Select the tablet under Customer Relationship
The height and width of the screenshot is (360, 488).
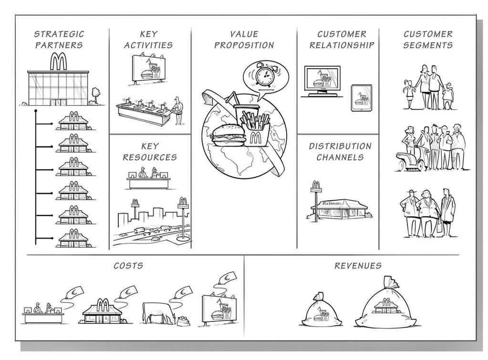tap(361, 98)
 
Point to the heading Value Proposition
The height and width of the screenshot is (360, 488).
tap(244, 40)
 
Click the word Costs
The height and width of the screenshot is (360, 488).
tap(128, 266)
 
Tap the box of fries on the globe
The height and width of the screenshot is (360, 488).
tap(255, 128)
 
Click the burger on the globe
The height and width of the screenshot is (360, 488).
tap(225, 135)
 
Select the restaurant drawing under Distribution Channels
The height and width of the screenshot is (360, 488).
tap(340, 207)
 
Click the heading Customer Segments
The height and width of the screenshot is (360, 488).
tap(427, 40)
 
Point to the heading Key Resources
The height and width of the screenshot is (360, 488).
tap(149, 152)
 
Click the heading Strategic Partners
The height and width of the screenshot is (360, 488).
tap(59, 40)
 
